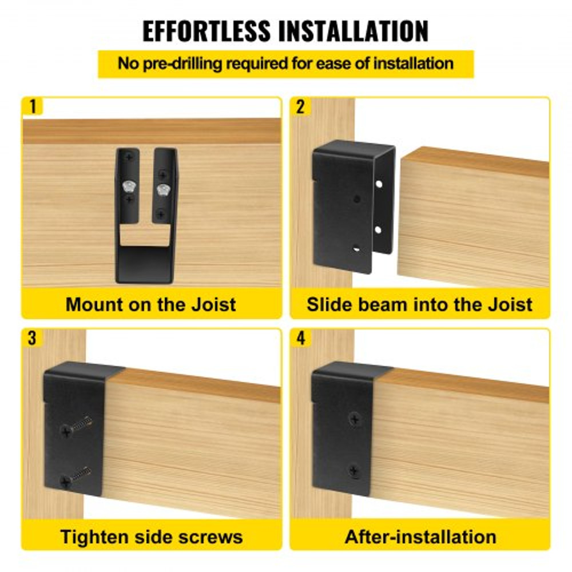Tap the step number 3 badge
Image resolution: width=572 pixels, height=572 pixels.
pos(32,337)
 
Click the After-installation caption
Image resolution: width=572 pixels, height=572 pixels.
pos(420,537)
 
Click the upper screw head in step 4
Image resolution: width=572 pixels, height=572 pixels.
pos(355,419)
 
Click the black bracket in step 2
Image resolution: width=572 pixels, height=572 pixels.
pos(343,206)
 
